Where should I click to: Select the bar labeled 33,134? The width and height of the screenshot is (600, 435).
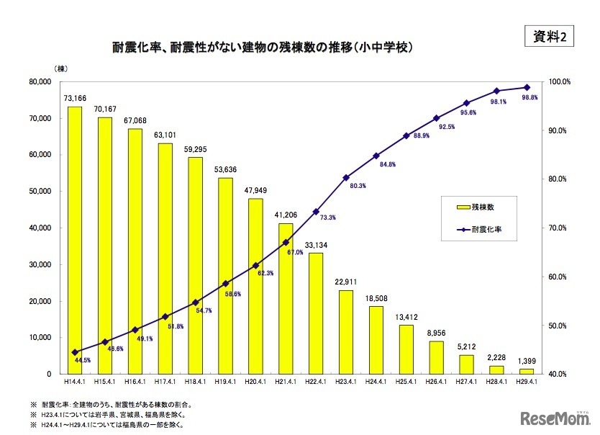pyautogui.click(x=316, y=313)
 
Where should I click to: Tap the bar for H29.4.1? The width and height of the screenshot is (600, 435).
pyautogui.click(x=527, y=371)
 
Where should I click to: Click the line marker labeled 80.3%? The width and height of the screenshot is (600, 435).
pyautogui.click(x=346, y=177)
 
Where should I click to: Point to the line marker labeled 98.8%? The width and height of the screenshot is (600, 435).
pyautogui.click(x=527, y=87)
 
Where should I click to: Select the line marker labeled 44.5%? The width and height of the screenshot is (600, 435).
pyautogui.click(x=75, y=352)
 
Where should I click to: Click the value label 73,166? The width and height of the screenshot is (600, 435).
pyautogui.click(x=75, y=98)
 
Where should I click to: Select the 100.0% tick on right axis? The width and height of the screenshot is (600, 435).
pyautogui.click(x=560, y=81)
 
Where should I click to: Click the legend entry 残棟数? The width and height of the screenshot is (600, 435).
pyautogui.click(x=476, y=207)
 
